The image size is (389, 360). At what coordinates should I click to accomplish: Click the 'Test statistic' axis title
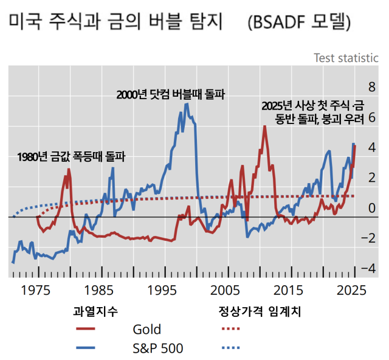(345, 58)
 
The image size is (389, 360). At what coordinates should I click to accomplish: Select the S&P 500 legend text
(157, 348)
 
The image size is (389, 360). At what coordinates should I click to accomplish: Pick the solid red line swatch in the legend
(90, 330)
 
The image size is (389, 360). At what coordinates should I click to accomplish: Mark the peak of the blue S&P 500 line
(186, 104)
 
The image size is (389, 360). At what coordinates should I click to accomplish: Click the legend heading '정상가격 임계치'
(260, 311)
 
